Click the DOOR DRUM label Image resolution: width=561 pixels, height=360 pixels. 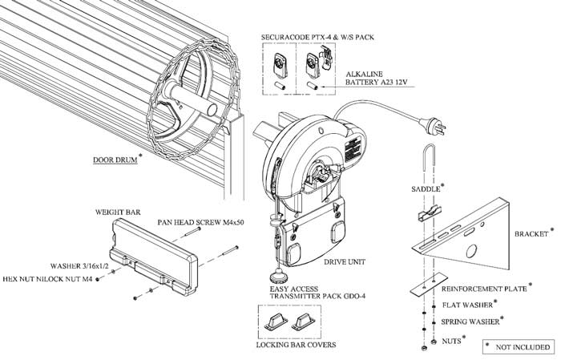(115, 160)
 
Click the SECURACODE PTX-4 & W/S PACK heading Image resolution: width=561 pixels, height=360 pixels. (317, 37)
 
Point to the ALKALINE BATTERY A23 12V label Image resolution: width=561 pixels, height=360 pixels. (377, 78)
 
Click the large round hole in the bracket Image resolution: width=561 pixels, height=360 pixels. (472, 250)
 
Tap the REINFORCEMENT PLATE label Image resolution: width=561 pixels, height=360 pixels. (484, 289)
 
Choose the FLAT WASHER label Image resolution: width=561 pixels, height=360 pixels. (467, 305)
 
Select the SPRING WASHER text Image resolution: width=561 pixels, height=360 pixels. (470, 322)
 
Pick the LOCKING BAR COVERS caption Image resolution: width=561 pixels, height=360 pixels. (296, 345)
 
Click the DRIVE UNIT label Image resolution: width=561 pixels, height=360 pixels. (345, 262)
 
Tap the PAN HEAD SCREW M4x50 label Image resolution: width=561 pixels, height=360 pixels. (200, 222)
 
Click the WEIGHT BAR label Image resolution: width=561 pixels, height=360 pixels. (118, 212)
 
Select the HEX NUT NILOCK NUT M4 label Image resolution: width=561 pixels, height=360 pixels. (48, 279)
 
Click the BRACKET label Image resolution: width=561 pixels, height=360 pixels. (531, 234)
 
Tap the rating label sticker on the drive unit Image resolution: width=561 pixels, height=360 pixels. (351, 152)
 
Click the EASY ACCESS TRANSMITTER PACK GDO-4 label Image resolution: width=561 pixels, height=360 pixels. (317, 293)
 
